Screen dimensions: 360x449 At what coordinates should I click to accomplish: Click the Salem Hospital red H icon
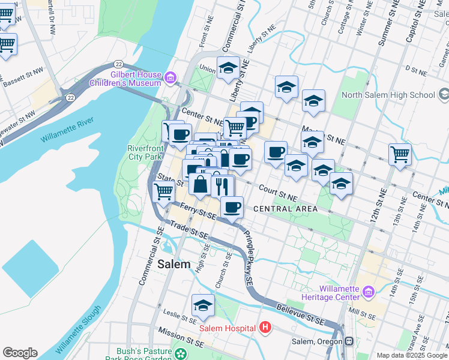point(265,328)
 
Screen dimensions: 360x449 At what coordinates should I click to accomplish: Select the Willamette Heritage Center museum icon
point(369,292)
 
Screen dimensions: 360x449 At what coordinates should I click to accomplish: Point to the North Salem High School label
point(388,95)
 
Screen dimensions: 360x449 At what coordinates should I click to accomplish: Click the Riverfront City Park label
point(145,152)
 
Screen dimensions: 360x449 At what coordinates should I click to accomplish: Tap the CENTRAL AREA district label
point(285,209)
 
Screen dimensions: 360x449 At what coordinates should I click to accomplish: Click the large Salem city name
point(174,264)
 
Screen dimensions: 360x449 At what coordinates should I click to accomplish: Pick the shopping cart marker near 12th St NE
point(399,154)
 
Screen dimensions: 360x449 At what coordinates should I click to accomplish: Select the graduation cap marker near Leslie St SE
point(203,305)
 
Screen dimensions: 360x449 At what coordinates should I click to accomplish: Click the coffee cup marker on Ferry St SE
point(232,207)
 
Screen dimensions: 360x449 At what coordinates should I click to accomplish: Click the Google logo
point(20,353)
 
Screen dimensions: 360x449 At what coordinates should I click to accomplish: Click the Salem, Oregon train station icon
point(349,341)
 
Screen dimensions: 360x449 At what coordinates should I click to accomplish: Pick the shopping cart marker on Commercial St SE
point(164,191)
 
